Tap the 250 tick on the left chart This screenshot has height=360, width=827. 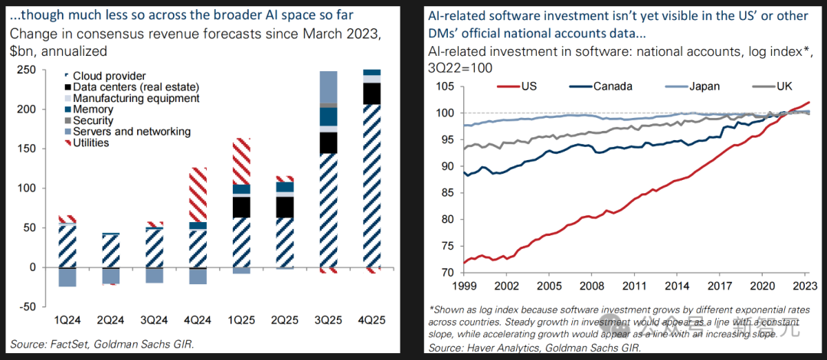click(28, 70)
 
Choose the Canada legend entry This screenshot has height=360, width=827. click(613, 86)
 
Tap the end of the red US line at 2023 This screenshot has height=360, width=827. click(809, 103)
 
